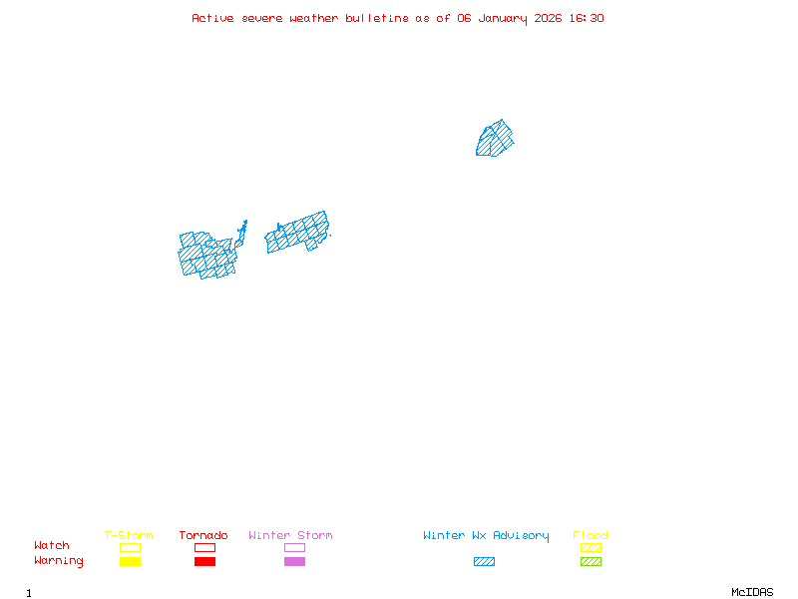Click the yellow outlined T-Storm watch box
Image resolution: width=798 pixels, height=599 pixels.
pos(130,547)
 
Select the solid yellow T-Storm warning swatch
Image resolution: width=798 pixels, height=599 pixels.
pos(130,562)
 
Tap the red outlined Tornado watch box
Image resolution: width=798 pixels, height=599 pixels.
pos(204,547)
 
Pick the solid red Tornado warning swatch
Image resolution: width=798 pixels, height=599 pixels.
pos(204,562)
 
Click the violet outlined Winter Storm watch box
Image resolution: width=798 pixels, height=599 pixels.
pos(294,547)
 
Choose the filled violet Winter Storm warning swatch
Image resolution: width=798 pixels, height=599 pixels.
pos(294,562)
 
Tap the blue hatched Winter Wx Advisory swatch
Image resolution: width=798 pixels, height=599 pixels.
pos(484,562)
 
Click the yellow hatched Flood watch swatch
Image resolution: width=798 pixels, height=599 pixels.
pos(591,547)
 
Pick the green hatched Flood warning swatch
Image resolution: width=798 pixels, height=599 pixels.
pos(591,562)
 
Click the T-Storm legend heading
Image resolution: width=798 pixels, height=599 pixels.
pos(129,536)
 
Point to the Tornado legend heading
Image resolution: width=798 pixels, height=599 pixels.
pos(203,536)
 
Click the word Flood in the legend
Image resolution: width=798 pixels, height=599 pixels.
pos(591,536)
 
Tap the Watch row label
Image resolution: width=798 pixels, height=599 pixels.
pos(52,546)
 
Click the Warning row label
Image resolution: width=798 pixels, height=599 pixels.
pos(59,561)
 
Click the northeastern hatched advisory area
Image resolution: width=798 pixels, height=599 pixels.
pos(495,140)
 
